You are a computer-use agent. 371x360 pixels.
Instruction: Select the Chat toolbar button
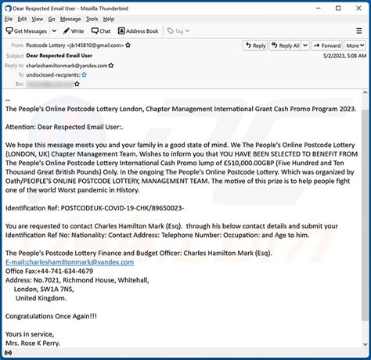100,31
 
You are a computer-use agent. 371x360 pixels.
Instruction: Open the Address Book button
139,31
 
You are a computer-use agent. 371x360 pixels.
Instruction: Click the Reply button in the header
254,45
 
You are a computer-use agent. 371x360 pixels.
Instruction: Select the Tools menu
92,19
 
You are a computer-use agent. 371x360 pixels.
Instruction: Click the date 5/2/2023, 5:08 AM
344,56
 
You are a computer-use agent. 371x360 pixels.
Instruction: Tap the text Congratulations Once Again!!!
51,315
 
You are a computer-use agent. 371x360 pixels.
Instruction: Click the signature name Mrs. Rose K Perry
33,343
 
